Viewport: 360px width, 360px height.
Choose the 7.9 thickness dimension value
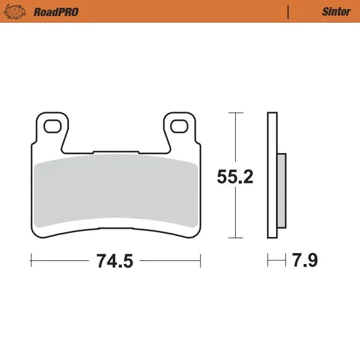305,261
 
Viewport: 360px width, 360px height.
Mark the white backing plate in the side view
271,174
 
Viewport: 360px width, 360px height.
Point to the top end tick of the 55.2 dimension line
235,113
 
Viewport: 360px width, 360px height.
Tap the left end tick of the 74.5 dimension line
31,261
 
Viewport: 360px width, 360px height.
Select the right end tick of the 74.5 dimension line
200,261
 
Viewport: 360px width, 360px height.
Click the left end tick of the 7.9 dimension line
268,261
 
